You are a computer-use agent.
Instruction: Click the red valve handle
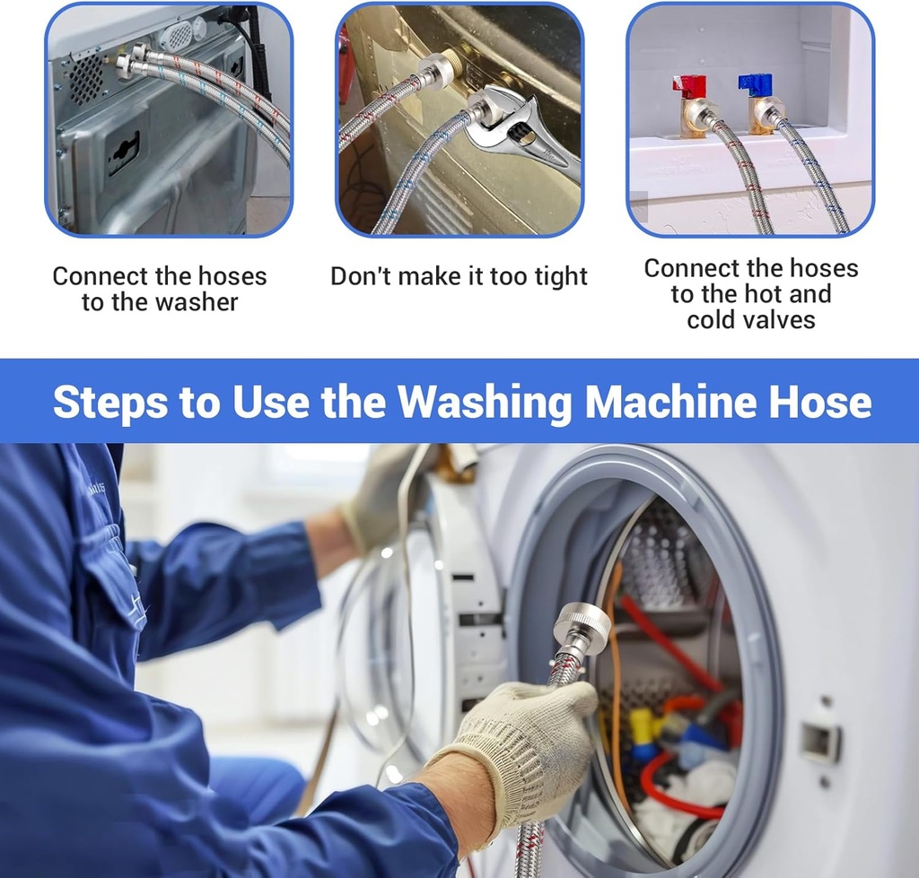click(x=689, y=86)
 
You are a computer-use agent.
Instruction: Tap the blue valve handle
click(x=755, y=83)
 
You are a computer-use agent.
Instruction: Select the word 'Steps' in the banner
click(x=109, y=402)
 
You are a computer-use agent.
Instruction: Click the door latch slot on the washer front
click(x=819, y=742)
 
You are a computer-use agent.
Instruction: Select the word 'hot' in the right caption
click(x=766, y=293)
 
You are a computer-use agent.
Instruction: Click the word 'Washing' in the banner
click(x=485, y=402)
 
